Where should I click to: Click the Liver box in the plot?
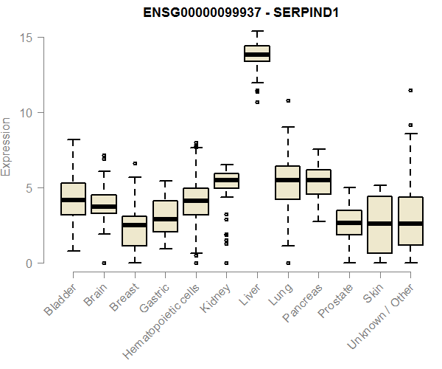[257, 54]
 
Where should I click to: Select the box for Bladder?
[74, 199]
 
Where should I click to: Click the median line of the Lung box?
[287, 180]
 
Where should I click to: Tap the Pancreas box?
[318, 182]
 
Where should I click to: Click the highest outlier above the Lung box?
[288, 100]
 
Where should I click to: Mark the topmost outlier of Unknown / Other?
[410, 91]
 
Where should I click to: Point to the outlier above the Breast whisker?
[135, 163]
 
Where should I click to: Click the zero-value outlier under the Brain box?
[104, 263]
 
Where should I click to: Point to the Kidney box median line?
[226, 180]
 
